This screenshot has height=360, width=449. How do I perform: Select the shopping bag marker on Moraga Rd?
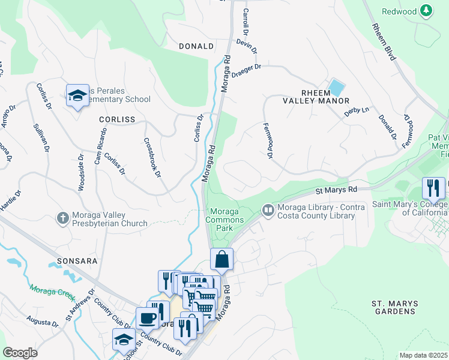point(221,259)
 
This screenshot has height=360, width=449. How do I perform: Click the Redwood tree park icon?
point(426,11)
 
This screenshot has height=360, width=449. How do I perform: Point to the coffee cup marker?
point(147,318)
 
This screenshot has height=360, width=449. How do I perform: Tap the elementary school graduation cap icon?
point(77,95)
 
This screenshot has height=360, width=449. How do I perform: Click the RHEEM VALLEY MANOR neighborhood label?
point(316,96)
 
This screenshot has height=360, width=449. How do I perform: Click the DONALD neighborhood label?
point(196,46)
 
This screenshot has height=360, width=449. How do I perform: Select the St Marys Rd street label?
point(336,190)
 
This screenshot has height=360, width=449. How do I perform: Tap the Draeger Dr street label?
point(247,72)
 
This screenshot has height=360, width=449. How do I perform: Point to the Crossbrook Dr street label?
point(152,158)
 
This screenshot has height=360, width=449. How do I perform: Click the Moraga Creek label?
point(53,294)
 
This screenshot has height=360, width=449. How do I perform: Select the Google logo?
point(20,353)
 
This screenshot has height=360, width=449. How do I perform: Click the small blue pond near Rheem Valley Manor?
point(336,88)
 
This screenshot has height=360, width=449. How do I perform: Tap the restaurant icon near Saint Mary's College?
point(432,188)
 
